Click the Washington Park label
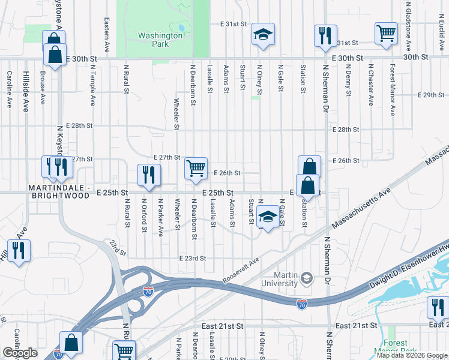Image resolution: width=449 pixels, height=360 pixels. click(x=160, y=40)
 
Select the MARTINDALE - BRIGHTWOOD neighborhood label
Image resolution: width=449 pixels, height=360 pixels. click(x=59, y=192)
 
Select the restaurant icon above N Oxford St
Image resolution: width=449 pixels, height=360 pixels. click(x=147, y=175)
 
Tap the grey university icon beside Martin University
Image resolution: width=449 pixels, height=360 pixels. click(x=307, y=278)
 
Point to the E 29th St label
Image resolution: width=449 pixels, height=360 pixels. click(x=430, y=95)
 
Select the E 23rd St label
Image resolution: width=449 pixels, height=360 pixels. click(x=192, y=258)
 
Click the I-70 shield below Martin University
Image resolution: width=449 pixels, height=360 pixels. click(x=302, y=304)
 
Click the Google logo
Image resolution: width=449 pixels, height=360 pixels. click(x=20, y=353)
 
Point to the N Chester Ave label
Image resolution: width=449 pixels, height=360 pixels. click(x=371, y=85)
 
